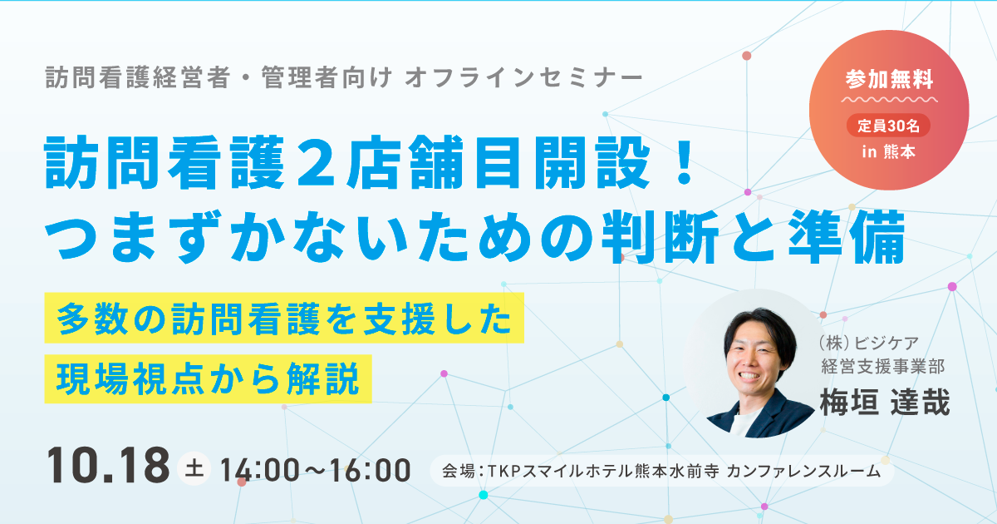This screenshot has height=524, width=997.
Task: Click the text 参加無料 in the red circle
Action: point(889,79)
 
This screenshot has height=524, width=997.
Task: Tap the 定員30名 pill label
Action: point(888,126)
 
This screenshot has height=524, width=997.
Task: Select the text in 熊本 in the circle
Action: point(888,152)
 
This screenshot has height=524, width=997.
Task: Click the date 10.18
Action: point(108,466)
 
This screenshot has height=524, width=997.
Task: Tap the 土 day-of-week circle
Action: point(194,468)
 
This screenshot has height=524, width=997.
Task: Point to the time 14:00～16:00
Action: point(315,470)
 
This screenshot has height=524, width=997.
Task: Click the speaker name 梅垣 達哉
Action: point(885,402)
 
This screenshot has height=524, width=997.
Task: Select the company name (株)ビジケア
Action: point(869,343)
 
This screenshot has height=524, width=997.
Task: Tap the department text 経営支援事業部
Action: point(882,367)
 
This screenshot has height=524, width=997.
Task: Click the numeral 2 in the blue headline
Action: point(316,162)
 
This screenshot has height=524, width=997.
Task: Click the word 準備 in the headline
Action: point(846,236)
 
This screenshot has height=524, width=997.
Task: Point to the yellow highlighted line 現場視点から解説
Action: point(208,378)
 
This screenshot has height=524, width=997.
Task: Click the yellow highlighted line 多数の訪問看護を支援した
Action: point(284,318)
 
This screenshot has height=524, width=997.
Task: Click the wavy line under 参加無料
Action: point(889,99)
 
